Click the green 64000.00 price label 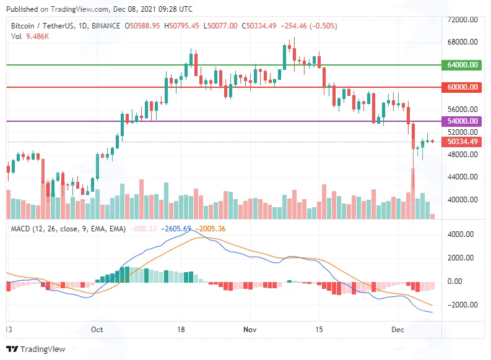click(x=461, y=65)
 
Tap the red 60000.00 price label click(x=461, y=87)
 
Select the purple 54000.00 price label click(x=461, y=121)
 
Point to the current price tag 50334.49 click(x=461, y=142)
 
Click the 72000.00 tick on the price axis click(x=463, y=20)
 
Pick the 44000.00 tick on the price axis click(x=463, y=177)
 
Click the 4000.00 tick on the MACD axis click(x=460, y=234)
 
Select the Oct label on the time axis click(x=97, y=329)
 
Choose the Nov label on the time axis click(x=250, y=329)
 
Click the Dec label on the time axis click(x=398, y=329)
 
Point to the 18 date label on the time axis click(x=181, y=329)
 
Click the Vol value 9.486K click(x=37, y=36)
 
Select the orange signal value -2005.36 click(x=211, y=229)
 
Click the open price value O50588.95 click(x=142, y=25)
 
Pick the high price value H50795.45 click(x=181, y=25)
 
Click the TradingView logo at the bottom click(x=36, y=349)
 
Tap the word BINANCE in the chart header click(x=106, y=25)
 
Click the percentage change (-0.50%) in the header click(x=323, y=25)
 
